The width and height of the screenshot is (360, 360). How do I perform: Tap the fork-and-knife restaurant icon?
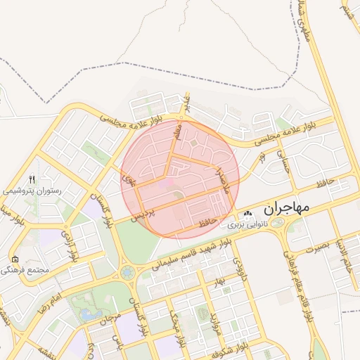coord(31,179)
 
